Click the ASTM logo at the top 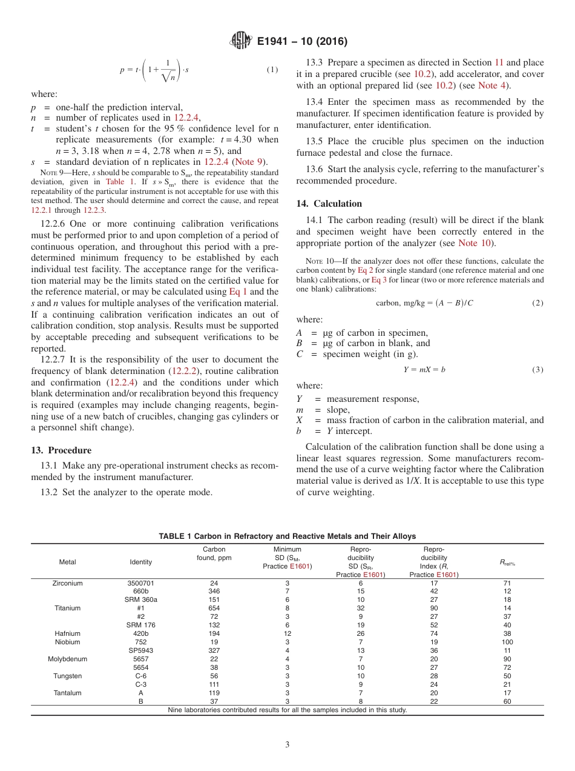tap(240, 41)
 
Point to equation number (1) tap(272, 70)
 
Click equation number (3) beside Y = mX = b tap(537, 369)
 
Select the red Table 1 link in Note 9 tap(115, 181)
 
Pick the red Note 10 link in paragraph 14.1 tap(475, 243)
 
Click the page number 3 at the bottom tap(287, 744)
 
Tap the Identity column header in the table tap(141, 562)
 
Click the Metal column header tap(67, 562)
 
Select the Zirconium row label tap(67, 583)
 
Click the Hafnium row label tap(67, 633)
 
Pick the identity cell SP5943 tap(141, 650)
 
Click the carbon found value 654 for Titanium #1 tap(214, 608)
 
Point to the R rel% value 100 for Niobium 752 tap(507, 642)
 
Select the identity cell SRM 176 tap(141, 625)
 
